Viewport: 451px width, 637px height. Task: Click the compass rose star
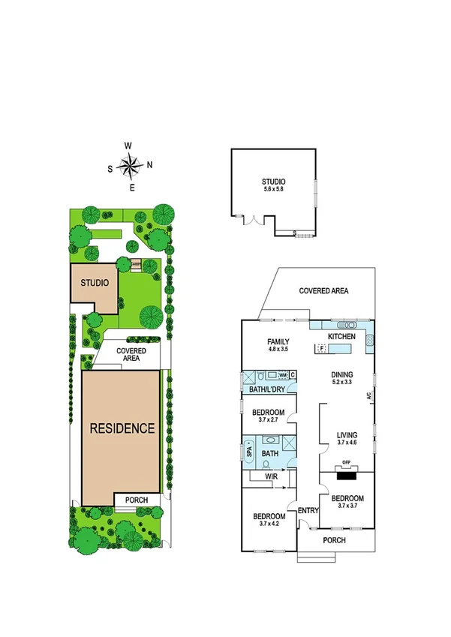point(130,165)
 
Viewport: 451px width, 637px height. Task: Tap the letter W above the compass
point(129,146)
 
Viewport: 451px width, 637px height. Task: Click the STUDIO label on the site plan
point(96,283)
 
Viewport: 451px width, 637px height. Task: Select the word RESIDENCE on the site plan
point(122,428)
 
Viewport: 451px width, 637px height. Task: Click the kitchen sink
point(346,326)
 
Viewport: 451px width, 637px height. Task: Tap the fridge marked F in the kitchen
point(321,348)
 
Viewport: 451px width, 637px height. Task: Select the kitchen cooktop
point(369,341)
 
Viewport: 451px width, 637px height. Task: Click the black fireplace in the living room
point(346,473)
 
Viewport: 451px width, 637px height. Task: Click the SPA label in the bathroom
point(249,452)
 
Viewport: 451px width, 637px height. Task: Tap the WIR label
point(267,476)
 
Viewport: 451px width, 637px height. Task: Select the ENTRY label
point(308,511)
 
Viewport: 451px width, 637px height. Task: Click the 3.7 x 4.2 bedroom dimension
point(268,525)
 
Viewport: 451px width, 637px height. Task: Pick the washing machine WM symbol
point(282,374)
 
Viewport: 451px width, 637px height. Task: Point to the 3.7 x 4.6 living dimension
point(347,443)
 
